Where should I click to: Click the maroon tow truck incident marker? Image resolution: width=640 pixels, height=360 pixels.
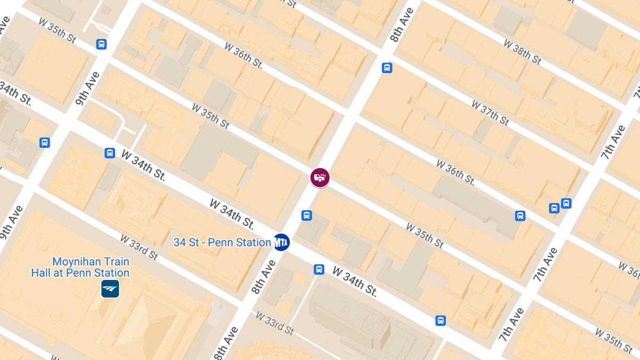tap(320, 178)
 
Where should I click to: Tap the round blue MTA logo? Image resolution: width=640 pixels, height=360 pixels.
tap(281, 243)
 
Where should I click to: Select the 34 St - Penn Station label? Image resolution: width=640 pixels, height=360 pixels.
tap(222, 243)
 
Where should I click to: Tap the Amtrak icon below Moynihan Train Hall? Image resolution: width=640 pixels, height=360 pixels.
tap(110, 289)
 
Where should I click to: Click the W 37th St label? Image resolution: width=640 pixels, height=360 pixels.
tap(490, 113)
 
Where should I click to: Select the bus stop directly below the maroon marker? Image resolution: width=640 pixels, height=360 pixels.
tap(307, 215)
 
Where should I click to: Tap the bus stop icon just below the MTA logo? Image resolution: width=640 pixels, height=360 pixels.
tap(319, 269)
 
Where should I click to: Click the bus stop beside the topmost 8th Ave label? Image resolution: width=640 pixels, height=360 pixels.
tap(387, 68)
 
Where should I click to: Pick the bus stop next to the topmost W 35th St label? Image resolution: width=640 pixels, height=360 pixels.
tap(101, 44)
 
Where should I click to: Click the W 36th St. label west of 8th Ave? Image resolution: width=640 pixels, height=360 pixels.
tap(244, 55)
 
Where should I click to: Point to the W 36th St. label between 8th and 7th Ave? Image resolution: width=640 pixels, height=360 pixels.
tap(455, 172)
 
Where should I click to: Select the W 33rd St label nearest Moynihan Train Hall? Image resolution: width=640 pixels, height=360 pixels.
tap(139, 247)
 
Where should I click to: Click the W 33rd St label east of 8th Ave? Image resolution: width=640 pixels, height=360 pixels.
tap(274, 323)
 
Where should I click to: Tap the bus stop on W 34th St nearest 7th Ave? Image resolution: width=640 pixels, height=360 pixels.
tap(441, 321)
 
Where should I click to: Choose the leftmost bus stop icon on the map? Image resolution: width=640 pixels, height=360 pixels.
tap(45, 142)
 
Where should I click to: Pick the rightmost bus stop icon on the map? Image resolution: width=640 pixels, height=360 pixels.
tap(566, 203)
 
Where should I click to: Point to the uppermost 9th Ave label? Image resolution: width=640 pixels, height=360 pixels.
tap(88, 88)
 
